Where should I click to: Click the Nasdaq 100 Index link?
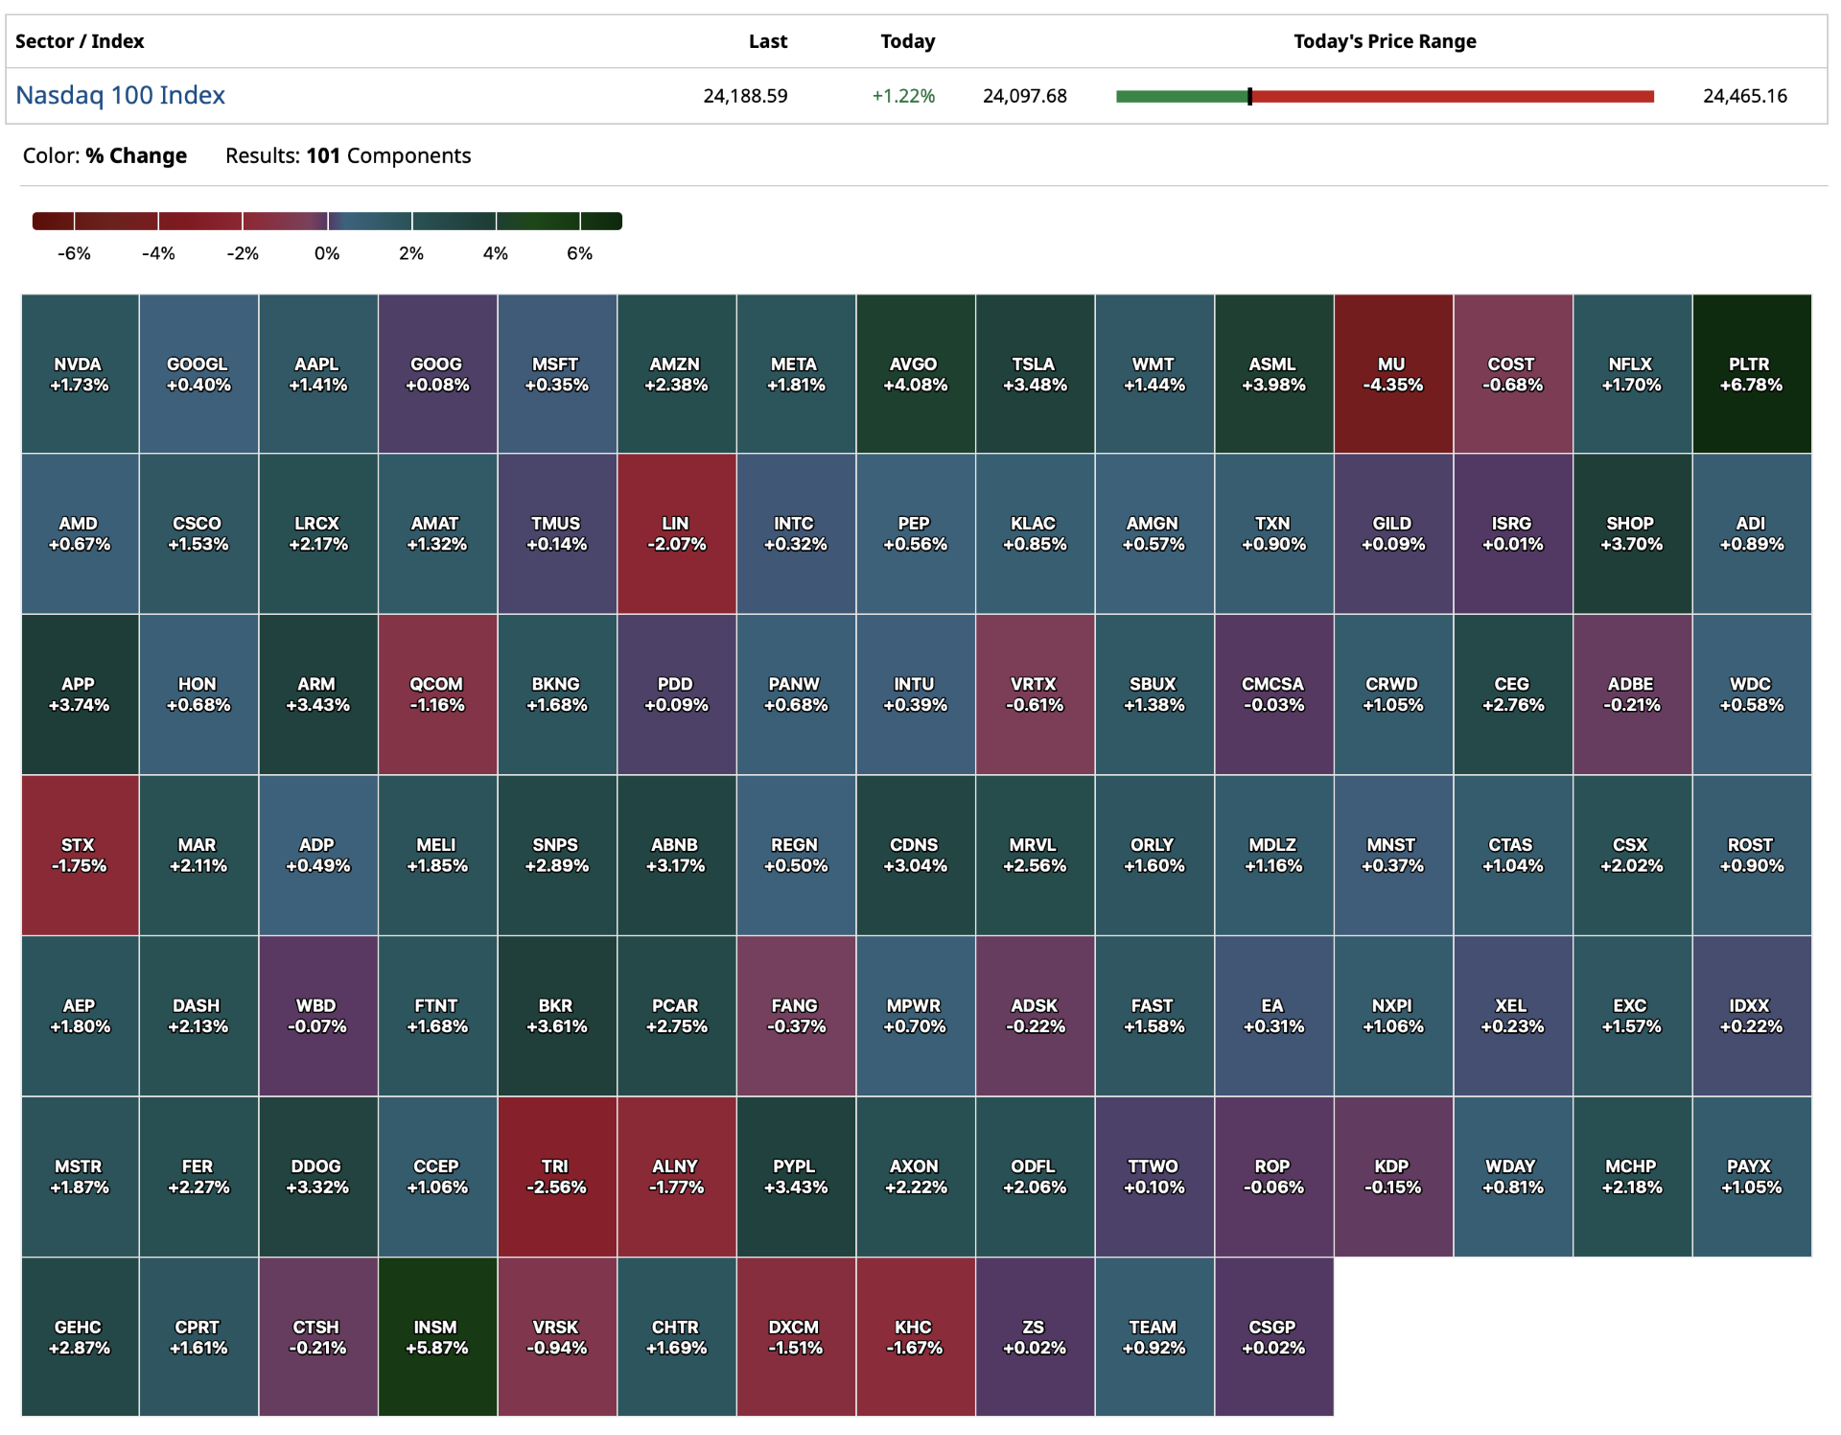click(x=120, y=95)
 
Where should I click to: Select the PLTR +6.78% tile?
click(x=1751, y=374)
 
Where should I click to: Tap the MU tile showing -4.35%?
click(x=1392, y=374)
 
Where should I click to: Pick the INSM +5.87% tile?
click(x=436, y=1336)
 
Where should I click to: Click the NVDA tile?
click(x=80, y=374)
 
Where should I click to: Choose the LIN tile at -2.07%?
click(x=676, y=533)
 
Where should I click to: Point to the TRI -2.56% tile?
click(x=556, y=1176)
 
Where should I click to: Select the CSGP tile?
click(x=1272, y=1336)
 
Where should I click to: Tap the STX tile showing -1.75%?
click(x=80, y=855)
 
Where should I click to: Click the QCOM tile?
click(x=436, y=694)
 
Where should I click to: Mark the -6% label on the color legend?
click(x=74, y=253)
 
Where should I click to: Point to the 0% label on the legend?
click(x=327, y=253)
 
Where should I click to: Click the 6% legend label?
click(x=579, y=253)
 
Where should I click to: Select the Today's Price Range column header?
click(x=1384, y=41)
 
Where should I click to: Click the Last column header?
click(x=767, y=41)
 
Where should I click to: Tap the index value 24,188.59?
click(x=745, y=96)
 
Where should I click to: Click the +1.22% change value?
click(x=902, y=96)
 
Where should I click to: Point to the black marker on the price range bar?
click(x=1249, y=96)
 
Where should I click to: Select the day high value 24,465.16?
click(x=1744, y=96)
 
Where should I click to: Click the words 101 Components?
click(x=388, y=155)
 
